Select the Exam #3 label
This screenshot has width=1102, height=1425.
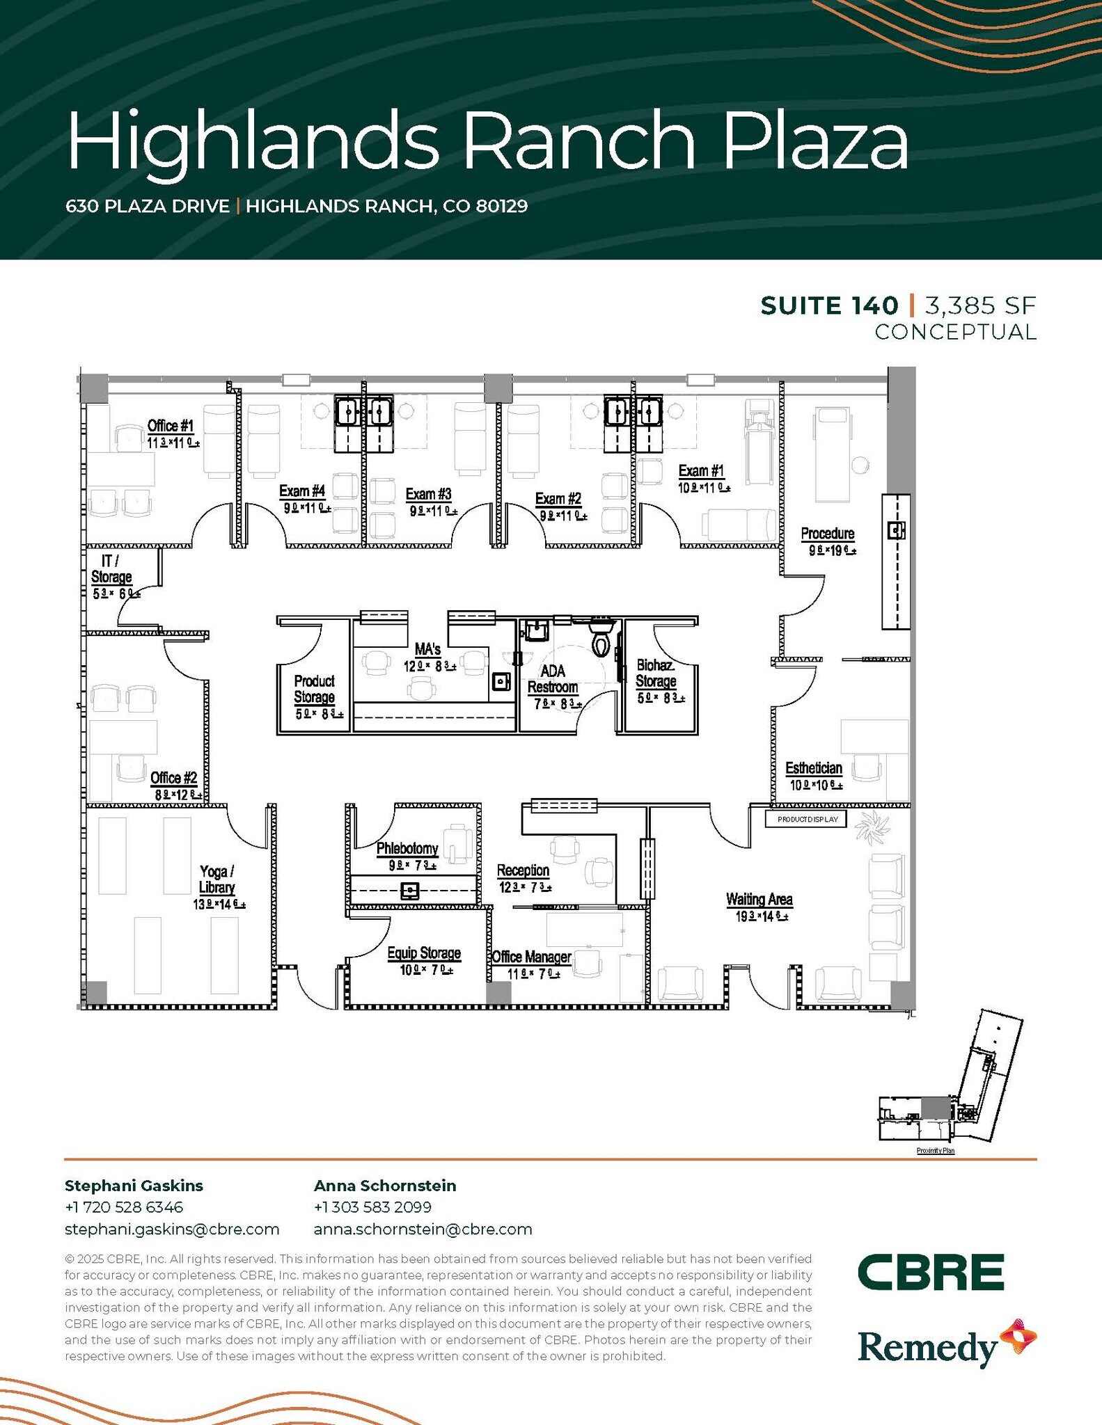429,495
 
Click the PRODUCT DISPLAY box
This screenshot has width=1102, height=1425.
808,820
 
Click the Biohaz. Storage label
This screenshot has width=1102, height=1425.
656,673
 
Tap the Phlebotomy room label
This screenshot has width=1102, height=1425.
407,849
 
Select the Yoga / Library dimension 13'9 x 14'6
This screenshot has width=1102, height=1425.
219,905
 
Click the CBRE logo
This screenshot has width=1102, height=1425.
931,1272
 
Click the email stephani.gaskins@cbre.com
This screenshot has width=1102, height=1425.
172,1229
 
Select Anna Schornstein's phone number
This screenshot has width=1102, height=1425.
372,1207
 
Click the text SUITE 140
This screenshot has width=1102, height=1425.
829,306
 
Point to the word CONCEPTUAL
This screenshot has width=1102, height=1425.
955,333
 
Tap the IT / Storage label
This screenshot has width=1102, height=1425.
111,569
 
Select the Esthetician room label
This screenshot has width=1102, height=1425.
814,768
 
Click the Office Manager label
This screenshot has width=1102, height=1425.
531,957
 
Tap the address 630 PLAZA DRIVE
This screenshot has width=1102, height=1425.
148,207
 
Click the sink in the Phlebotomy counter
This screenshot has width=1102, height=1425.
410,890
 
